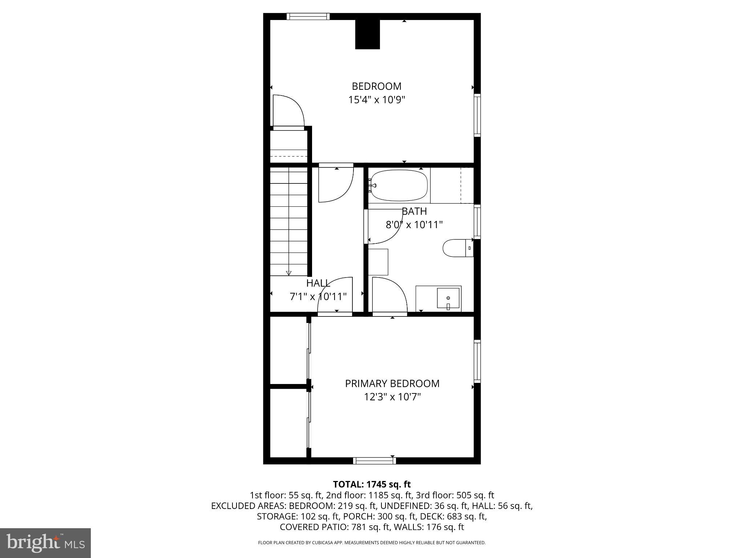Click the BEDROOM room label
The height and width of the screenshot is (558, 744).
pyautogui.click(x=376, y=86)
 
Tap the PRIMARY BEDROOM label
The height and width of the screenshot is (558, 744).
pyautogui.click(x=392, y=384)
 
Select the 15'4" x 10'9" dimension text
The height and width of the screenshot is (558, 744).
pyautogui.click(x=376, y=100)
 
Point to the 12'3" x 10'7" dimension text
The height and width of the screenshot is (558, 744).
pyautogui.click(x=392, y=397)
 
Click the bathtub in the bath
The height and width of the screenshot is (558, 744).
pyautogui.click(x=399, y=186)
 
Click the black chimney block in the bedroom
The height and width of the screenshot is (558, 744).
pyautogui.click(x=367, y=34)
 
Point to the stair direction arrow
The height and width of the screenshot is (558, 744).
pyautogui.click(x=289, y=272)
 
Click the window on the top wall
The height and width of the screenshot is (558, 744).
pyautogui.click(x=308, y=16)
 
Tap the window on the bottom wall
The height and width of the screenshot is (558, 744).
pyautogui.click(x=374, y=461)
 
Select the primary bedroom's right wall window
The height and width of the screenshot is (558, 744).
pyautogui.click(x=477, y=361)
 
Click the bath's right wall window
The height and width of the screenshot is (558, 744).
pyautogui.click(x=477, y=222)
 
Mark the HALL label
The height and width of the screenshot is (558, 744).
pyautogui.click(x=318, y=283)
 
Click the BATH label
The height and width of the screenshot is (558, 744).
pyautogui.click(x=414, y=211)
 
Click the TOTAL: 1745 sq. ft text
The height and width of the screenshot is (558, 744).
pyautogui.click(x=372, y=484)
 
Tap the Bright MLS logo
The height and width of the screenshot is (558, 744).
pyautogui.click(x=45, y=543)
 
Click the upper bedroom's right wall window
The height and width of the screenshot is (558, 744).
pyautogui.click(x=477, y=115)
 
